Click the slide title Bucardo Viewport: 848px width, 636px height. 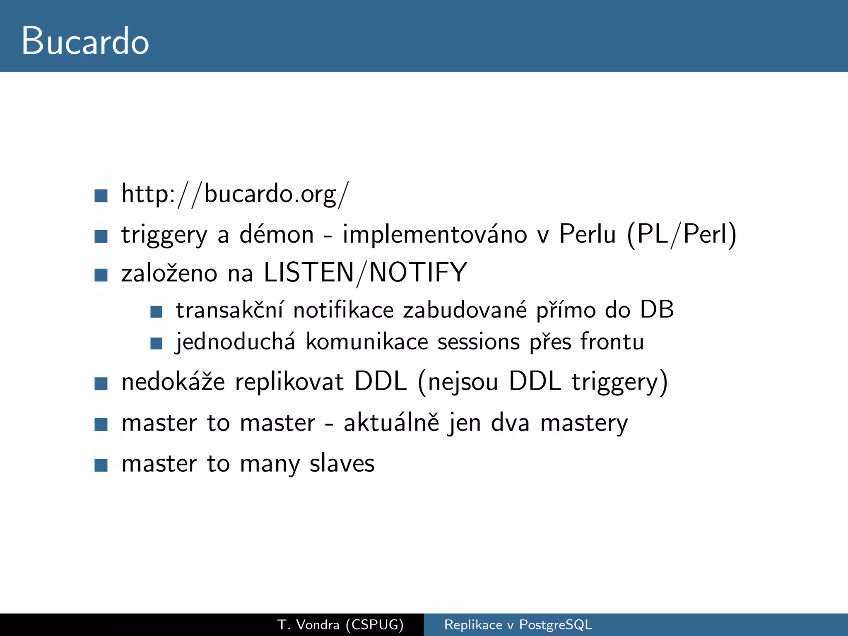[x=85, y=41]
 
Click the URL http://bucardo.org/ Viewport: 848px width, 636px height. [x=235, y=194]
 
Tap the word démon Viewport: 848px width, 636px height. [x=277, y=234]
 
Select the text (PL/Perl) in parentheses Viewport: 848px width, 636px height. [x=682, y=234]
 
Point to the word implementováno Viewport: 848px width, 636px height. [x=435, y=234]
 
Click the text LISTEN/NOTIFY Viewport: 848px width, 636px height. [x=365, y=273]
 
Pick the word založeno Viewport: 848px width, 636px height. [x=169, y=273]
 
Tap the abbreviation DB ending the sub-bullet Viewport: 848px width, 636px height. [x=657, y=310]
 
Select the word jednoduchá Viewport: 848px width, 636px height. [x=236, y=342]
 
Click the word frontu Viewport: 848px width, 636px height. [x=612, y=342]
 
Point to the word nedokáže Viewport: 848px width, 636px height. [x=173, y=382]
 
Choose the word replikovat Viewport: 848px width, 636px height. [x=289, y=382]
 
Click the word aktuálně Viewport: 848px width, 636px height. [x=391, y=423]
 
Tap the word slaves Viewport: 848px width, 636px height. [x=342, y=463]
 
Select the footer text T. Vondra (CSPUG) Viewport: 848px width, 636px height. [x=340, y=624]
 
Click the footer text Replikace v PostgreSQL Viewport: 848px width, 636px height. [x=518, y=624]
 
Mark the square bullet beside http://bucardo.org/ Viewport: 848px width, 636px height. [x=101, y=195]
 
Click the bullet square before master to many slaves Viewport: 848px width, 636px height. [x=101, y=465]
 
